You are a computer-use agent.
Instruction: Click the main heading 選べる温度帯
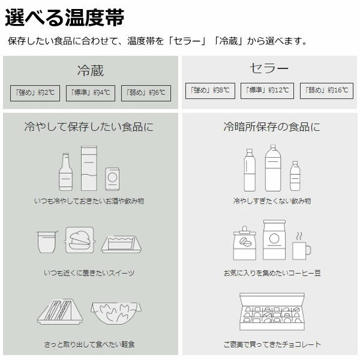coord(65,17)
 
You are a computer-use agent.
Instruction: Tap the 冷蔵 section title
coord(91,70)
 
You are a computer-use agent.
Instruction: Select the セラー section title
coord(269,68)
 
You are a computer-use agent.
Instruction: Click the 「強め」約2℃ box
coord(35,93)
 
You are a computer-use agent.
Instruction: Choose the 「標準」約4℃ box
coord(91,93)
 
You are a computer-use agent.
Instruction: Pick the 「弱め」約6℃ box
coord(146,93)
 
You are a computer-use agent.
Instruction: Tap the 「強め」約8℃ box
coord(210,91)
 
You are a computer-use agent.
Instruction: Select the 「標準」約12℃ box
coord(267,91)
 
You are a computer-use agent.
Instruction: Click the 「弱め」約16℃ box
coord(326,91)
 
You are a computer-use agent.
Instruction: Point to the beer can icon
coord(112,179)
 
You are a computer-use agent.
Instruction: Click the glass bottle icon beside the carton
coord(65,172)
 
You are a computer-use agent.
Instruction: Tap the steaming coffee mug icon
coord(301,246)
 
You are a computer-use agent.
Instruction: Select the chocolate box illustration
coord(272,311)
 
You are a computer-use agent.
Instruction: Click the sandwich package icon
coord(60,311)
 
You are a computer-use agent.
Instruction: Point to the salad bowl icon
coord(116,313)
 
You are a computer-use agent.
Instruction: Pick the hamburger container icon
coord(79,240)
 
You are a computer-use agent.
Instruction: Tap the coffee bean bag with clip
coord(245,243)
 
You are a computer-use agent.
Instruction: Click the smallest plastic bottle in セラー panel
coord(295,176)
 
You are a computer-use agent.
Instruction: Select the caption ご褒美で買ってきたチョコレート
coord(272,344)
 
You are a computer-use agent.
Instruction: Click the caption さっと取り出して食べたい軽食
coord(89,344)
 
